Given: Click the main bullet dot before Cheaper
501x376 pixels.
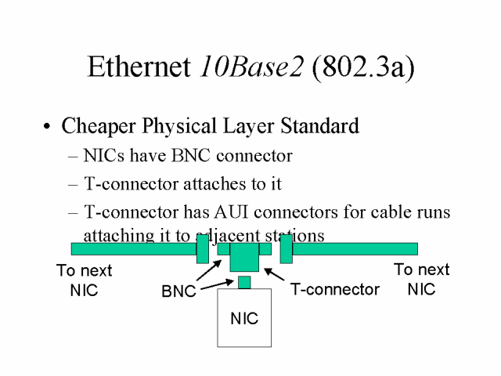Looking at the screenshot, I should (x=49, y=127).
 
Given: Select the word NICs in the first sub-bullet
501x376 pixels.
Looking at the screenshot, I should (x=103, y=156).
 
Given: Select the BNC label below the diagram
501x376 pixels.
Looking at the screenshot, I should (x=178, y=291).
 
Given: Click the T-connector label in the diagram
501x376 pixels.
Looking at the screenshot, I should (x=335, y=289).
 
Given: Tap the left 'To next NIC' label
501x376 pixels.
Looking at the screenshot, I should (x=84, y=280).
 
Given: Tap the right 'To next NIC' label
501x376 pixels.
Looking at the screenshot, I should (x=421, y=279).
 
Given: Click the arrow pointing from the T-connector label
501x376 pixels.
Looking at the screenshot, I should (x=275, y=276).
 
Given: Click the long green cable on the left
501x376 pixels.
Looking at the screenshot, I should (x=133, y=249).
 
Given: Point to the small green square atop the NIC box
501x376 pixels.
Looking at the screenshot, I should (x=244, y=282).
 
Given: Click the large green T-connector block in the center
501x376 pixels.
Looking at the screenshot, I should (x=244, y=257).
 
